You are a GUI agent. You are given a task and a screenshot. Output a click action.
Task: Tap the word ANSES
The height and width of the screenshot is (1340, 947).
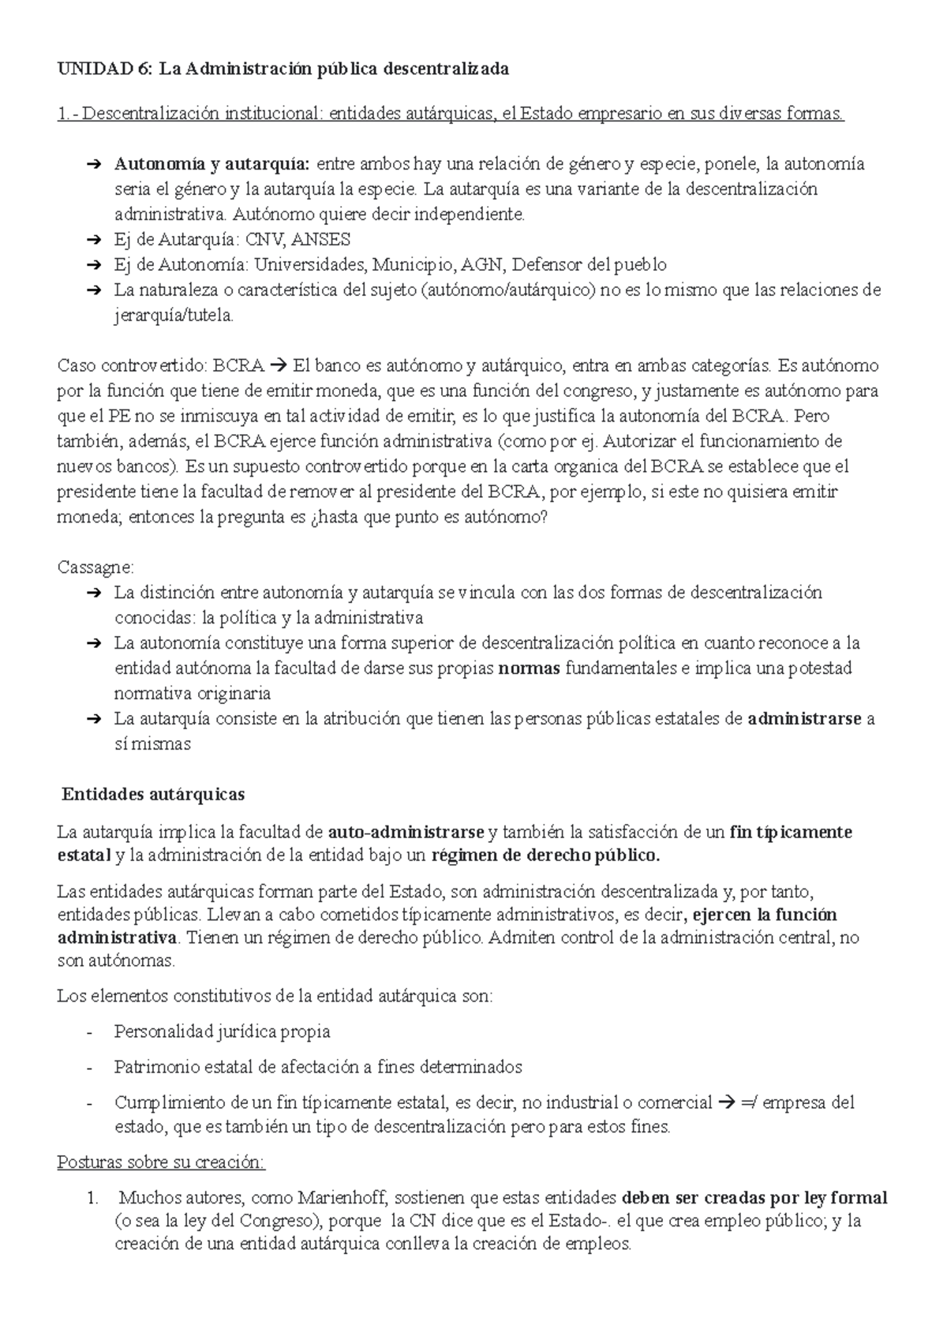pos(322,239)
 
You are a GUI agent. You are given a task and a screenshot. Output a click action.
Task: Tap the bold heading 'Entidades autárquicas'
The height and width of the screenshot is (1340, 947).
pos(153,793)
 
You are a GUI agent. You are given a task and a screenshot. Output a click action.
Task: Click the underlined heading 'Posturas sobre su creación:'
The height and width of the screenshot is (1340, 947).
pos(162,1162)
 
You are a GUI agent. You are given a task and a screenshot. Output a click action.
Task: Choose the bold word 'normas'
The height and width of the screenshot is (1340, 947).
pos(530,668)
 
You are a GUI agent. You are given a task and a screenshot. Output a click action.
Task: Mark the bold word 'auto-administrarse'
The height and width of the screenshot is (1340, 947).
pos(406,832)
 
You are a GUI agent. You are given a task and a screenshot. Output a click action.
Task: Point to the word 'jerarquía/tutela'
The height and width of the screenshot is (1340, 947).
pos(174,316)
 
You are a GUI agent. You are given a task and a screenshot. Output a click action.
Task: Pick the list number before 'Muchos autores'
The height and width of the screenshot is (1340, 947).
pos(93,1198)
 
